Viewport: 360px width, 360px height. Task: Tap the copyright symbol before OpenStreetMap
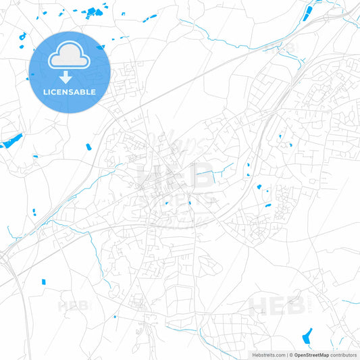click(290, 355)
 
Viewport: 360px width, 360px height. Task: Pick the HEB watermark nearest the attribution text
click(277, 307)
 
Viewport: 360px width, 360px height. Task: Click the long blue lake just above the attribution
click(309, 335)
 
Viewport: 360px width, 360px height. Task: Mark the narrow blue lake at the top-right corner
click(309, 11)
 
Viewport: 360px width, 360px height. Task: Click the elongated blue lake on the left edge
click(12, 141)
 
